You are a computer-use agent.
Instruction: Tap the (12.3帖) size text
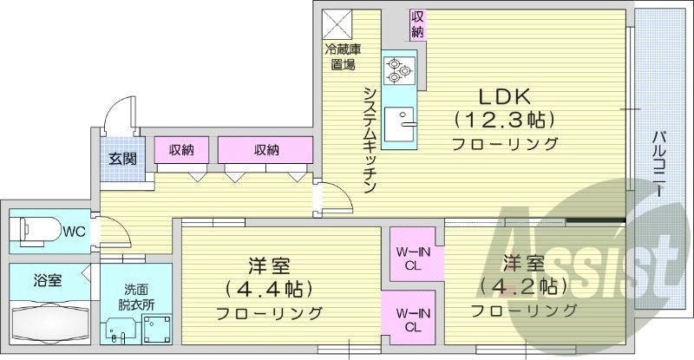tap(503, 119)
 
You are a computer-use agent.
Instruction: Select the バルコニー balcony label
tap(661, 163)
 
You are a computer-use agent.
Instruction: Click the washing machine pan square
tap(157, 331)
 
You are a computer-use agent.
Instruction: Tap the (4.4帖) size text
tap(268, 287)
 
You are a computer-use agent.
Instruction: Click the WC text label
tap(74, 232)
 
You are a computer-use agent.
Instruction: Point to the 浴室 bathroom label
tap(47, 280)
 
